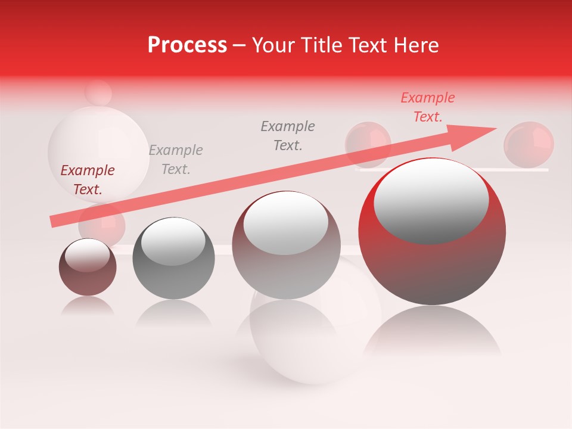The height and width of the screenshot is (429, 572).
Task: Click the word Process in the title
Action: pos(187,45)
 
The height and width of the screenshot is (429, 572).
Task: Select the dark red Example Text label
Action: pos(88,180)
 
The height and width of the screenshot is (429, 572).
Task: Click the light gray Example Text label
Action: pos(176,160)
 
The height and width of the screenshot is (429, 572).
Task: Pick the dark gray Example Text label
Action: pos(288,135)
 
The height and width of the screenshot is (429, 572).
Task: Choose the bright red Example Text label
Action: pos(428,107)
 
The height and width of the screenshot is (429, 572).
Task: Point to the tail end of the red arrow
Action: pos(54,221)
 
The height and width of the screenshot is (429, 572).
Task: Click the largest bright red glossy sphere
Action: pos(432,268)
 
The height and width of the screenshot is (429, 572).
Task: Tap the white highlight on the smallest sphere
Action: pos(88,255)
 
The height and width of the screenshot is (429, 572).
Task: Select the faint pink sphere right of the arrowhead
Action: pos(529,144)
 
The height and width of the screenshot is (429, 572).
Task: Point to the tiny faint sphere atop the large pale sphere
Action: pos(98,92)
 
